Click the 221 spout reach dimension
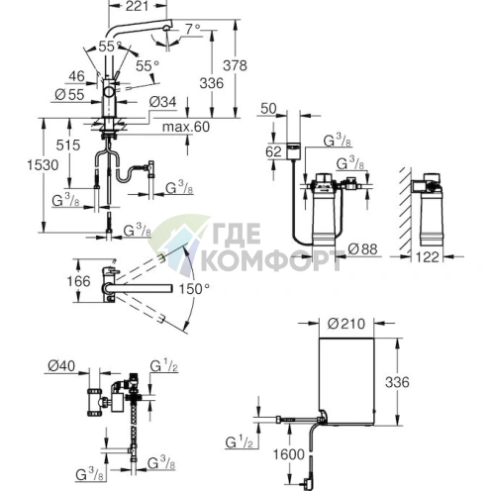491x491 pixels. pos(138,6)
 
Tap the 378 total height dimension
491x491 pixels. pos(235,65)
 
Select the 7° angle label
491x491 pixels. pos(193,30)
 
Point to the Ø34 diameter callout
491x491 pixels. pos(162,102)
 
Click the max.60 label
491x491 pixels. pos(186,127)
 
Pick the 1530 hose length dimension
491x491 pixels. pos(43,164)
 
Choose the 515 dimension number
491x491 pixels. pos(68,145)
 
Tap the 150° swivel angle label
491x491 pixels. pos(194,289)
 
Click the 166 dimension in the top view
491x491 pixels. pos(78,281)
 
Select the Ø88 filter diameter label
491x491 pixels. pos(362,249)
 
